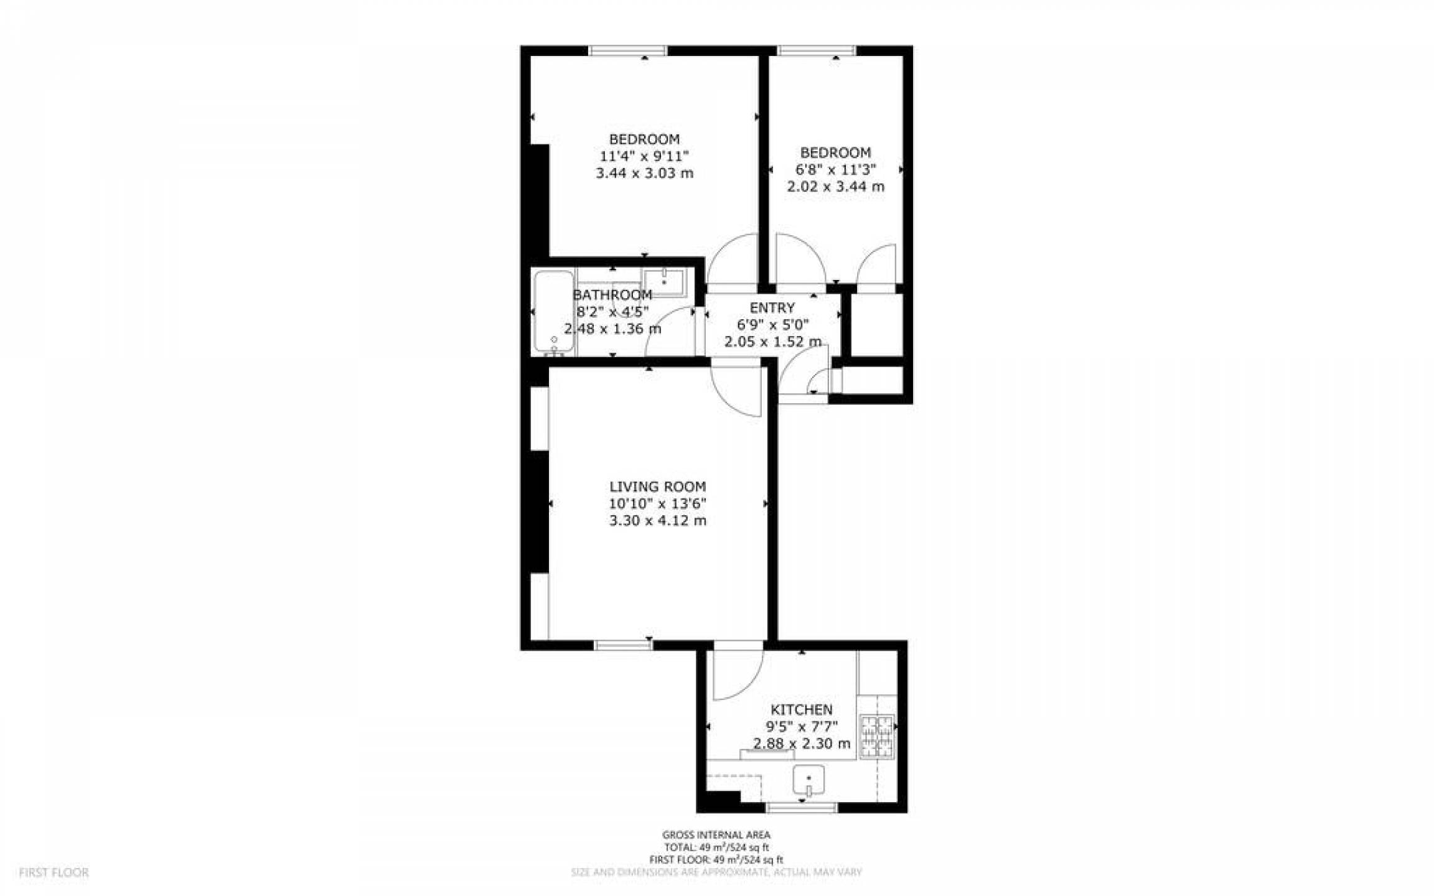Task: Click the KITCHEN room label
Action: (801, 709)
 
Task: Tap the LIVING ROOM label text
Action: (657, 487)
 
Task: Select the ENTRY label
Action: (772, 307)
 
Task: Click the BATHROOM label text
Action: (612, 294)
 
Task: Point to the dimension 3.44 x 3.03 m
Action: (644, 173)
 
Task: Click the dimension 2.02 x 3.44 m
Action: (835, 186)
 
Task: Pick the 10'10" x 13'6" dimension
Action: (657, 503)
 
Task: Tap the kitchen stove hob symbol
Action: (876, 737)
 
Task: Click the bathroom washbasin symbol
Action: (663, 283)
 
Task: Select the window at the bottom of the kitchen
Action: (801, 807)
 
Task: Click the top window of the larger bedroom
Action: (628, 50)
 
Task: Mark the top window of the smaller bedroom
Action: (816, 50)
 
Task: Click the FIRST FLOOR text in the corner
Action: (54, 872)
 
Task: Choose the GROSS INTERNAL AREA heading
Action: (716, 835)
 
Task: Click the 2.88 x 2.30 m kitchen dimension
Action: (802, 743)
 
